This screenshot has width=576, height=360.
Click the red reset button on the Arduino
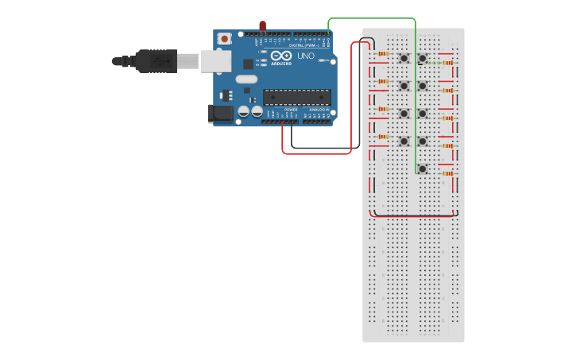[x=225, y=38]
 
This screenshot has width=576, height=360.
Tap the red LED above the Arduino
[x=263, y=27]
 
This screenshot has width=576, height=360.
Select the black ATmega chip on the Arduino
[x=297, y=97]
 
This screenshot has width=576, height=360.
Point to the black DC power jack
[x=220, y=114]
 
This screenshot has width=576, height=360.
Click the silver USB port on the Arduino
[x=216, y=61]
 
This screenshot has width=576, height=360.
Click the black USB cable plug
[x=155, y=60]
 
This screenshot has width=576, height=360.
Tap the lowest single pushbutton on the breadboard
[x=423, y=168]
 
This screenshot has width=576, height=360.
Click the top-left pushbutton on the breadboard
[x=404, y=58]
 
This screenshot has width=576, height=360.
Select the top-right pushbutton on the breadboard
[x=423, y=58]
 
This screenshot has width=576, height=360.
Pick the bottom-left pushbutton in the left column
[x=404, y=141]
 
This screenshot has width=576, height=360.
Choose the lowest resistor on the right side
[x=448, y=173]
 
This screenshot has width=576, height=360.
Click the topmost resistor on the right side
[x=448, y=63]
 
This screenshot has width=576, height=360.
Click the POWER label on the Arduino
[x=291, y=110]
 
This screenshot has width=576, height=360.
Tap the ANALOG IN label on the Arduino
[x=319, y=110]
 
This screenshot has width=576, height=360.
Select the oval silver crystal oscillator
[x=246, y=79]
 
